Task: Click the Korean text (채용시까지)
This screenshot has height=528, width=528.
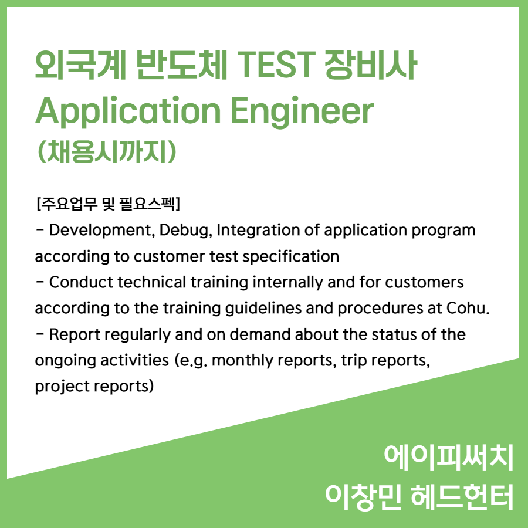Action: click(107, 151)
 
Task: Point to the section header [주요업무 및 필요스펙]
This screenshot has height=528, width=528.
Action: click(109, 204)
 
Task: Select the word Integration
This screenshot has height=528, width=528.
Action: click(258, 231)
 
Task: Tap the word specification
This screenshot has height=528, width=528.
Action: click(290, 257)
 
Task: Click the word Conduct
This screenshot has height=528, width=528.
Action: click(81, 282)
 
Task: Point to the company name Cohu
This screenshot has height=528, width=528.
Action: click(468, 308)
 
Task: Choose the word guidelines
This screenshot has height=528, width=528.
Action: click(263, 309)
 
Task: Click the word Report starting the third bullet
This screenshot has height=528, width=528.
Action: click(75, 335)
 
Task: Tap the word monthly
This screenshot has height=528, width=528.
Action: click(242, 361)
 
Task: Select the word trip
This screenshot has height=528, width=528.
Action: click(354, 361)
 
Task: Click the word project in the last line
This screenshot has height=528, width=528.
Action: click(61, 387)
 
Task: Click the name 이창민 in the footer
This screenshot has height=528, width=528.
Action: click(363, 497)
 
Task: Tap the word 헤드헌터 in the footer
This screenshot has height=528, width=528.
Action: click(462, 497)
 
